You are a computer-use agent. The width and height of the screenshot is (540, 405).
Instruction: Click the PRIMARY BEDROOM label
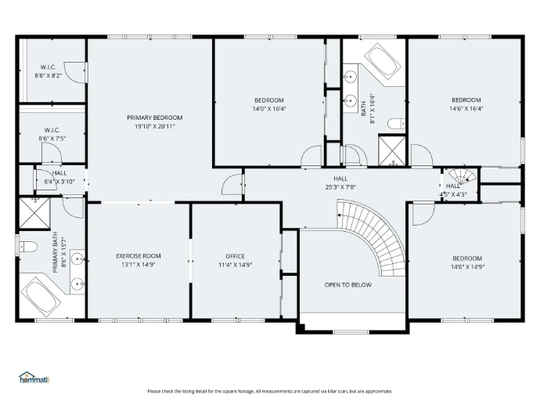click(155, 118)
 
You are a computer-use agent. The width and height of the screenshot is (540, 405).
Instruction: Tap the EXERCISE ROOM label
click(139, 256)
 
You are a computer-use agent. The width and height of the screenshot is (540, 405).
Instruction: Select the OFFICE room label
click(236, 256)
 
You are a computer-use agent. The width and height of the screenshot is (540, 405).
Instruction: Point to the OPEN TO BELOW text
click(347, 284)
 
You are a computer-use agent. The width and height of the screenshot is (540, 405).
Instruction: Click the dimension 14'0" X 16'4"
click(269, 109)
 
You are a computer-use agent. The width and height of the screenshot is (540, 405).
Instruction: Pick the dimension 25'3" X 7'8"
click(340, 187)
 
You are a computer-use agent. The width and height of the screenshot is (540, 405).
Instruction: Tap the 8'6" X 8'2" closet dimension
click(49, 75)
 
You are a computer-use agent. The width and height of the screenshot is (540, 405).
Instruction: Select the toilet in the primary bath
click(28, 247)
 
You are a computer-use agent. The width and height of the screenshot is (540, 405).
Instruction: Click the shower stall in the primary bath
click(34, 213)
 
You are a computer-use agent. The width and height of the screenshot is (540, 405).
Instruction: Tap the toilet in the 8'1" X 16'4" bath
click(396, 124)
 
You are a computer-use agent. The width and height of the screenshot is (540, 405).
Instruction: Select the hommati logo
click(34, 378)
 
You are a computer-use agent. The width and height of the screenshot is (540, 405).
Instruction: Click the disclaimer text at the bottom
click(270, 391)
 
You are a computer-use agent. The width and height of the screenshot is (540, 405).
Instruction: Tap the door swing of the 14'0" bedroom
click(311, 156)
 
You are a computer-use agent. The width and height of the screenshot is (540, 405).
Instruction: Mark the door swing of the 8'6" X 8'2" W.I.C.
click(74, 72)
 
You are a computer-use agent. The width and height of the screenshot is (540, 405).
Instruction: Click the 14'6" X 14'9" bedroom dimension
click(467, 267)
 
